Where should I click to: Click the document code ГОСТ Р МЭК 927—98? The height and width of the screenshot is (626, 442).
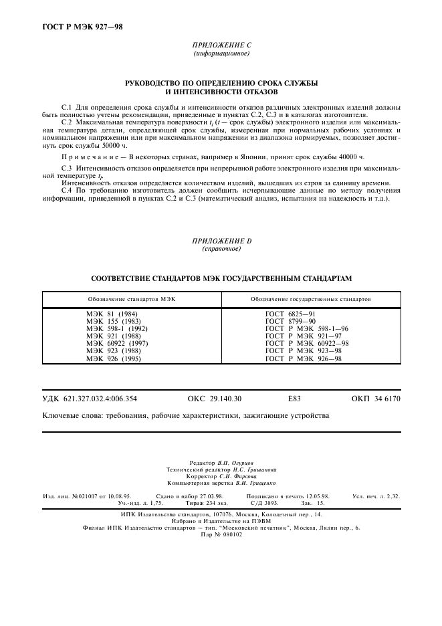click(78, 27)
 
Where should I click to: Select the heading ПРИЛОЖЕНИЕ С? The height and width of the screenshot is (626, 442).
click(221, 45)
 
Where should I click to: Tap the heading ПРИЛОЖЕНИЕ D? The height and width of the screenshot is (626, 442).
click(221, 240)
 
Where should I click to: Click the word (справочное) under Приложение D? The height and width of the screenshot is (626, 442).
click(221, 249)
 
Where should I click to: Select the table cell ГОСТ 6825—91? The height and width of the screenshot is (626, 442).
click(291, 314)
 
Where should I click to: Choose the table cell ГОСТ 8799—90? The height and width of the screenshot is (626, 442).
click(291, 321)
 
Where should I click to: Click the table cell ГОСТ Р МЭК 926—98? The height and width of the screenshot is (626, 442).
click(304, 358)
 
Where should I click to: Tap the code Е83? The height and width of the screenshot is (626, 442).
click(294, 399)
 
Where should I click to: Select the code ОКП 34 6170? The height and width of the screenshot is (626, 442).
click(376, 399)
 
